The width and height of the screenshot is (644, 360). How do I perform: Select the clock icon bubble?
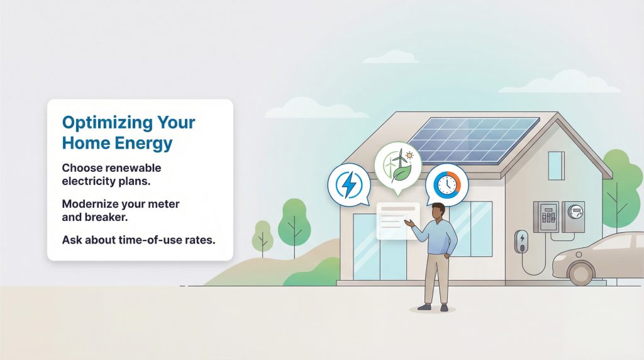click(447, 185)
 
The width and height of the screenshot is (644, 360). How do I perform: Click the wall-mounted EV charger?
click(521, 242)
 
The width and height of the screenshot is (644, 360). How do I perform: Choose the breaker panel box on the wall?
click(545, 216)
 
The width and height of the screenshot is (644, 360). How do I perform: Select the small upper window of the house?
click(556, 165)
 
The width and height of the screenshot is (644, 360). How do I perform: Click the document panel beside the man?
click(396, 221)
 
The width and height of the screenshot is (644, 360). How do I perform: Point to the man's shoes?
click(433, 308)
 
